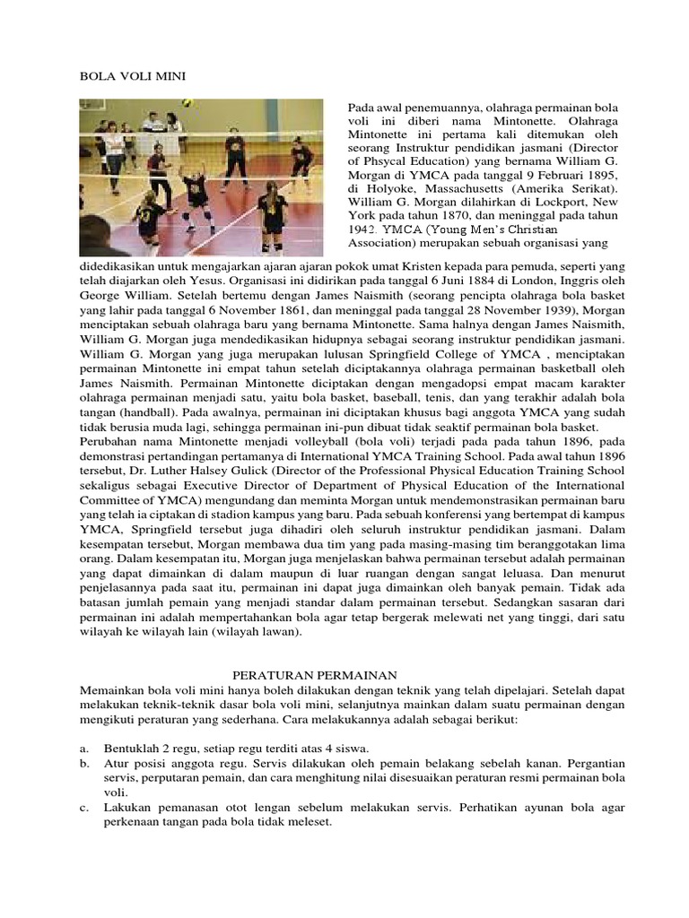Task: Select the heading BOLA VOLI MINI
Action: click(133, 77)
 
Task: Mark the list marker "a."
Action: click(84, 748)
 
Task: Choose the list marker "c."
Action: click(84, 807)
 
